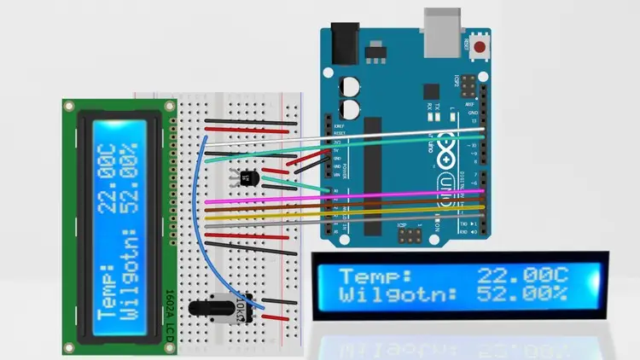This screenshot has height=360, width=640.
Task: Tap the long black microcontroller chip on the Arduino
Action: [x=373, y=171]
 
